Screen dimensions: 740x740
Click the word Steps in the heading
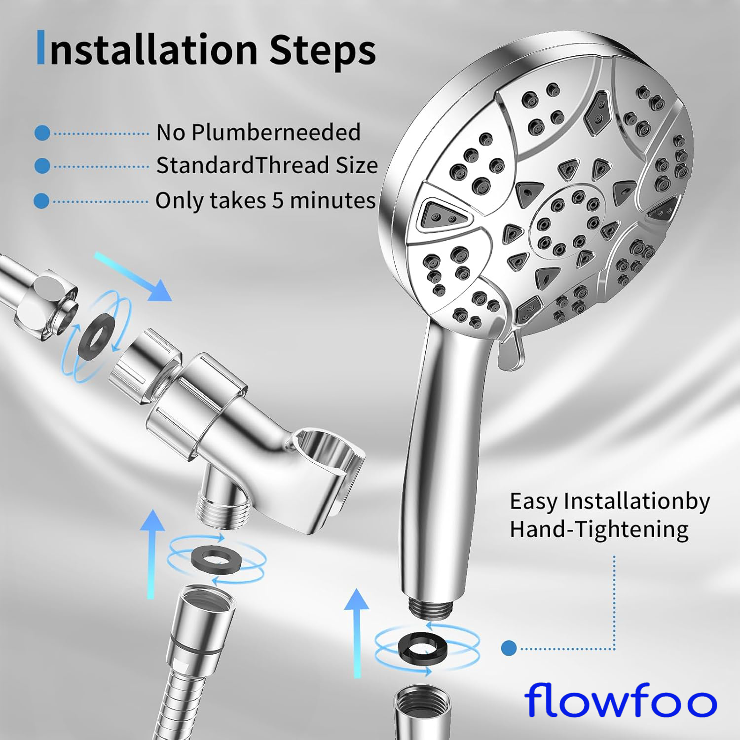[323, 50]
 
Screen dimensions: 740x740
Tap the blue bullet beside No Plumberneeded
[42, 133]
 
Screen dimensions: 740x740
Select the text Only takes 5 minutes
[265, 201]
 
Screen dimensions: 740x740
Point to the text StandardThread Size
[267, 165]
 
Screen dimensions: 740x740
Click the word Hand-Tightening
[599, 529]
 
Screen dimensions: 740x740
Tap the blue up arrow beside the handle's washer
[357, 633]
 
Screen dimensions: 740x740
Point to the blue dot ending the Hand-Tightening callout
[509, 648]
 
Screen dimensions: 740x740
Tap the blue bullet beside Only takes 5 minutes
[41, 201]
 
